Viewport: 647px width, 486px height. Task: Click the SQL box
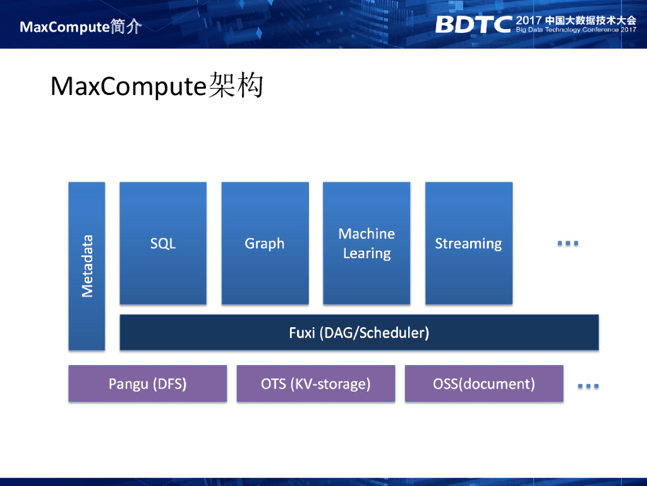pyautogui.click(x=163, y=244)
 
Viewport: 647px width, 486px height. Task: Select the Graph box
pyautogui.click(x=265, y=244)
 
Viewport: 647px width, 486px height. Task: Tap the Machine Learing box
pyautogui.click(x=366, y=244)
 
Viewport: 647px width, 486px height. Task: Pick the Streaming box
pyautogui.click(x=468, y=244)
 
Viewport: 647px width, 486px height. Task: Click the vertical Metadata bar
pyautogui.click(x=87, y=266)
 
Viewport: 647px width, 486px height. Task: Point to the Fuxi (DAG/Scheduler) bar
pyautogui.click(x=359, y=332)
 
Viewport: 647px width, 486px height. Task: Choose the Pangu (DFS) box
pyautogui.click(x=147, y=383)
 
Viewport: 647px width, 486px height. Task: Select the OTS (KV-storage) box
pyautogui.click(x=315, y=383)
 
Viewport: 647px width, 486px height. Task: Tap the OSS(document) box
pyautogui.click(x=484, y=383)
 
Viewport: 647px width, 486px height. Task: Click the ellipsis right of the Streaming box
pyautogui.click(x=568, y=244)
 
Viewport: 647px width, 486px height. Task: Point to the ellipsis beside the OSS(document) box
pyautogui.click(x=588, y=385)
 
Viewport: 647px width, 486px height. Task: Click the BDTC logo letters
pyautogui.click(x=473, y=24)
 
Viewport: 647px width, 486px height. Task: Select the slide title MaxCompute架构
pyautogui.click(x=156, y=86)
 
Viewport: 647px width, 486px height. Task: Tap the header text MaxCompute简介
pyautogui.click(x=80, y=27)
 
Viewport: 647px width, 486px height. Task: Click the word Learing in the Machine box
pyautogui.click(x=366, y=254)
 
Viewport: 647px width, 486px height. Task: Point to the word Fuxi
pyautogui.click(x=301, y=332)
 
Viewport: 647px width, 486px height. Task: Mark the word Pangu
pyautogui.click(x=127, y=383)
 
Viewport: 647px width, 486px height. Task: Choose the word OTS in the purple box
pyautogui.click(x=273, y=383)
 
